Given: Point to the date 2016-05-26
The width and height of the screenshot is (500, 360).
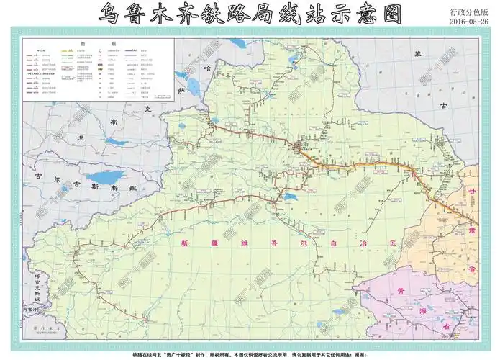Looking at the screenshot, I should pyautogui.click(x=468, y=22).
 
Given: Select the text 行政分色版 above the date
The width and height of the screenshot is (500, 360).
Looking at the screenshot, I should pyautogui.click(x=468, y=12).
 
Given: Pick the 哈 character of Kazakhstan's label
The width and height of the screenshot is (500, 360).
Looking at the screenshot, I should pyautogui.click(x=209, y=68).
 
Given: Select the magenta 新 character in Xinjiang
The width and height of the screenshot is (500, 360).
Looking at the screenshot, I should pyautogui.click(x=186, y=243).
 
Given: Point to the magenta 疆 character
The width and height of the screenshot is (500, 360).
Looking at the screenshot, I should pyautogui.click(x=214, y=243).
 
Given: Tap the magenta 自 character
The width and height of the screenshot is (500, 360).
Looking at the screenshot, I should pyautogui.click(x=337, y=243).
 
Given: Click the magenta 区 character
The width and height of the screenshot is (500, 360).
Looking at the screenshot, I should pyautogui.click(x=393, y=243).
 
